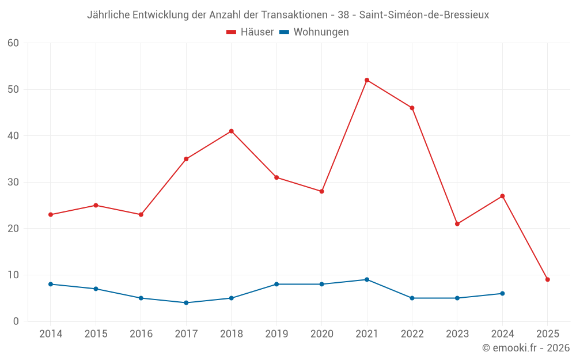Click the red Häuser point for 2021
[367, 80]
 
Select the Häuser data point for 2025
[548, 279]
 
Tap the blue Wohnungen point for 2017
[186, 302]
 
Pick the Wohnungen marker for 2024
[502, 293]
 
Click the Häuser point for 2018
[231, 131]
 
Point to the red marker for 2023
[457, 223]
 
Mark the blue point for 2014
[51, 284]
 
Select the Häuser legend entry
[250, 32]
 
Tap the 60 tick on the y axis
[13, 43]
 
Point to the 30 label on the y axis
[13, 182]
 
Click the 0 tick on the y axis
[16, 321]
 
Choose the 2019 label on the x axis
[276, 334]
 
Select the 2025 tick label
[548, 334]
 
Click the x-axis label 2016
[141, 334]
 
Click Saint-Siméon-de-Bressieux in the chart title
[424, 15]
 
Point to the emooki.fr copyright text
[525, 348]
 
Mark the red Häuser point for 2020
[321, 191]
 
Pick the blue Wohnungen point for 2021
[367, 279]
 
